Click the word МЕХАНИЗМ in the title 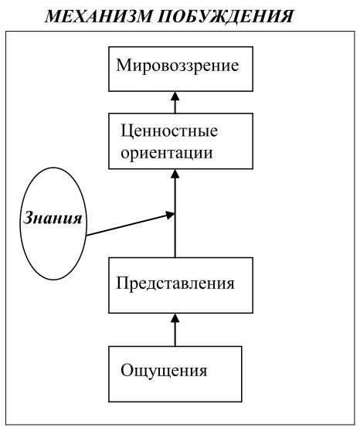(98, 15)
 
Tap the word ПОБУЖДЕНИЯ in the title (226, 16)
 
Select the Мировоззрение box (181, 69)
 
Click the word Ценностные (169, 132)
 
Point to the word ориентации (167, 153)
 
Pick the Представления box (181, 285)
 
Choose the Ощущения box (175, 374)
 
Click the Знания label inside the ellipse (53, 219)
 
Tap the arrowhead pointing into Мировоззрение (175, 96)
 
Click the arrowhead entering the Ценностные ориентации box (175, 174)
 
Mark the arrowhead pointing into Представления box (175, 317)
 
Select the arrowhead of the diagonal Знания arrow (170, 215)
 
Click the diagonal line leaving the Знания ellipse (131, 225)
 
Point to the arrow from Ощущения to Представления (175, 330)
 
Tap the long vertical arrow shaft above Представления (175, 213)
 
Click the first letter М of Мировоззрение (123, 66)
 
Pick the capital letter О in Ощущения (127, 370)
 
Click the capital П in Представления (123, 283)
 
